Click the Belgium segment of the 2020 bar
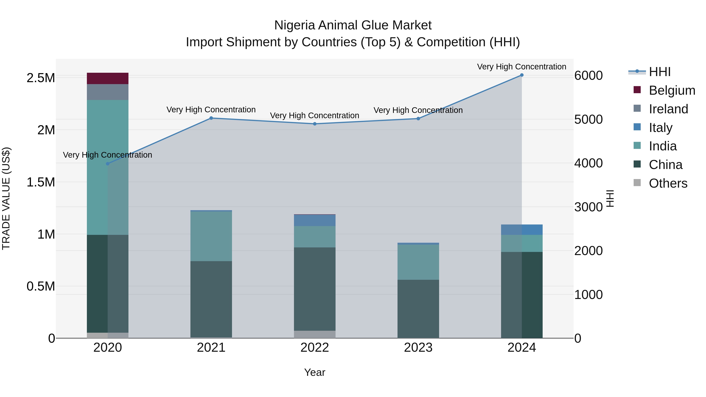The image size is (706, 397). [x=107, y=78]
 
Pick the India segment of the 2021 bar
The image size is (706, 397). [x=211, y=236]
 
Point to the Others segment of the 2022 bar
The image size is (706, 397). [x=315, y=334]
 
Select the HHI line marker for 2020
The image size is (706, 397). [x=107, y=164]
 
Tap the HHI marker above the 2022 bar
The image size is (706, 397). [x=315, y=124]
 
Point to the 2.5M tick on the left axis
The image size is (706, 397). [x=41, y=78]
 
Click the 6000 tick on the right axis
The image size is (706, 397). [x=588, y=76]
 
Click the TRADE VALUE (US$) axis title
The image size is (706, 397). [x=6, y=198]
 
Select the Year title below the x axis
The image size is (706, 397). [x=315, y=372]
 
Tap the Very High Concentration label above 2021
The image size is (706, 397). [x=211, y=110]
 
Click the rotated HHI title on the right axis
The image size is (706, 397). [x=610, y=198]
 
